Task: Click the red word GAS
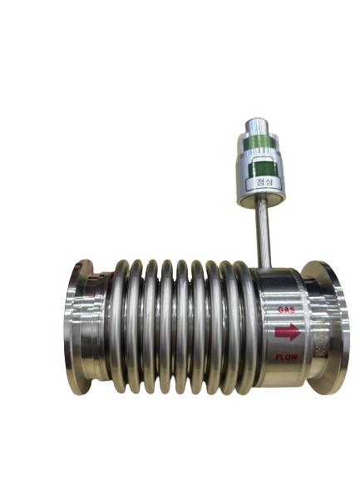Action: click(x=286, y=309)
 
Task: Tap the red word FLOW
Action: click(x=286, y=357)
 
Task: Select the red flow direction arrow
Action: click(x=287, y=332)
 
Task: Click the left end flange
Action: click(x=78, y=327)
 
